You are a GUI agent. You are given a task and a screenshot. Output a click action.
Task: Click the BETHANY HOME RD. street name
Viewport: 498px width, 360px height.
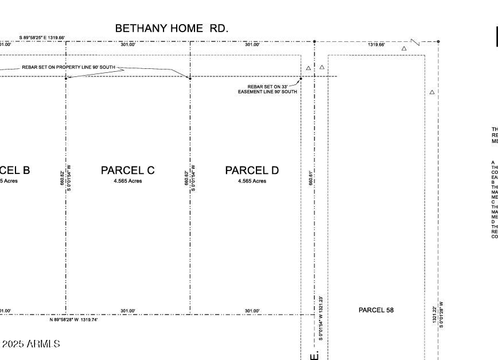pyautogui.click(x=172, y=28)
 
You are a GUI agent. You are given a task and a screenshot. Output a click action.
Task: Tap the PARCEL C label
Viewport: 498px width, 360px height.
pyautogui.click(x=127, y=171)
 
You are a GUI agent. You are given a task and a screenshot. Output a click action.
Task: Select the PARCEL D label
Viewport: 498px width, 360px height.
pyautogui.click(x=252, y=171)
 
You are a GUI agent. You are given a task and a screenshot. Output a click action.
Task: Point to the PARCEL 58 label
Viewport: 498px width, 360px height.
pyautogui.click(x=376, y=310)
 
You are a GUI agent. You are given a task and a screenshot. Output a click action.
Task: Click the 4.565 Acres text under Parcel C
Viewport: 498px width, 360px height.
pyautogui.click(x=127, y=181)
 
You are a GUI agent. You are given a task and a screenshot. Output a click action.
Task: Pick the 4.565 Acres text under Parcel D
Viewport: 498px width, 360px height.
pyautogui.click(x=252, y=181)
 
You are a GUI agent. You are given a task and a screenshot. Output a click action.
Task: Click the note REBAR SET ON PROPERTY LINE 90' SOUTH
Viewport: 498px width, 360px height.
pyautogui.click(x=68, y=67)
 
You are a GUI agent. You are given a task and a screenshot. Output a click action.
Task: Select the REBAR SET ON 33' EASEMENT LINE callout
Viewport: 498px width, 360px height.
pyautogui.click(x=267, y=89)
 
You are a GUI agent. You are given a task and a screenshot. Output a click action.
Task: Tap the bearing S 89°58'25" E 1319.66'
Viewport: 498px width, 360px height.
pyautogui.click(x=42, y=38)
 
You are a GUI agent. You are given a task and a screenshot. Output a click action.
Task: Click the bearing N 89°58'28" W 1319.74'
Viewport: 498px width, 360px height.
pyautogui.click(x=73, y=320)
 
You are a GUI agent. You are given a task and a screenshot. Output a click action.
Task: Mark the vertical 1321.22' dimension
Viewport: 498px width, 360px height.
pyautogui.click(x=435, y=314)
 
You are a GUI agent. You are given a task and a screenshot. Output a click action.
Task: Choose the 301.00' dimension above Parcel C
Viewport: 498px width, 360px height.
pyautogui.click(x=127, y=44)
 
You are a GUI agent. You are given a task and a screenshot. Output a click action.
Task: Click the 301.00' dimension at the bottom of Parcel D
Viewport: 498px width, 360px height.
pyautogui.click(x=252, y=311)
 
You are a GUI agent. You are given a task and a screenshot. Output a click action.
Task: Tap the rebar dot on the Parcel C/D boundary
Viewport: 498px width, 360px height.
pyautogui.click(x=190, y=78)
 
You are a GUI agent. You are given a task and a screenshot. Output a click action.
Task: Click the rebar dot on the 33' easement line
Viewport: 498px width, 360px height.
pyautogui.click(x=301, y=79)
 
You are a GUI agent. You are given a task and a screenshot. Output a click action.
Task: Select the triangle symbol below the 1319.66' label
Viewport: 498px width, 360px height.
pyautogui.click(x=404, y=49)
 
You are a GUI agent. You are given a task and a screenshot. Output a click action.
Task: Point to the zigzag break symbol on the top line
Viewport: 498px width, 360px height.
pyautogui.click(x=415, y=42)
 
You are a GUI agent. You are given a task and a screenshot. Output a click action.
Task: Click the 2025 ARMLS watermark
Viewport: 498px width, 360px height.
pyautogui.click(x=31, y=344)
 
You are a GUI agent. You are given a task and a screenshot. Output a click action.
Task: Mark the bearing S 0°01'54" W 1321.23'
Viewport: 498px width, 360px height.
pyautogui.click(x=321, y=318)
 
